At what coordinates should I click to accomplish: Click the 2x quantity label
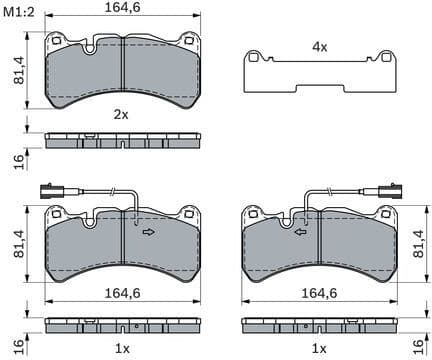coord(121,115)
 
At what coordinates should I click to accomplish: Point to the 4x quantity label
coord(319,47)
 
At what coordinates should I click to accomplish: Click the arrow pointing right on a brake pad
coord(148,232)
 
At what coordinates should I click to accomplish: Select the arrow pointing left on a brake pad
coord(299,232)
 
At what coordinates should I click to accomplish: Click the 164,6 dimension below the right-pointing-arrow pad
coord(121,294)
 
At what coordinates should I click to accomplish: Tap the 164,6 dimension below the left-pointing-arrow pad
coord(318,294)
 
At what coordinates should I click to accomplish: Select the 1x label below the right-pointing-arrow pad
coord(121,347)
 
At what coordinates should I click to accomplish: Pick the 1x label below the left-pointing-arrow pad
coord(318,347)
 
